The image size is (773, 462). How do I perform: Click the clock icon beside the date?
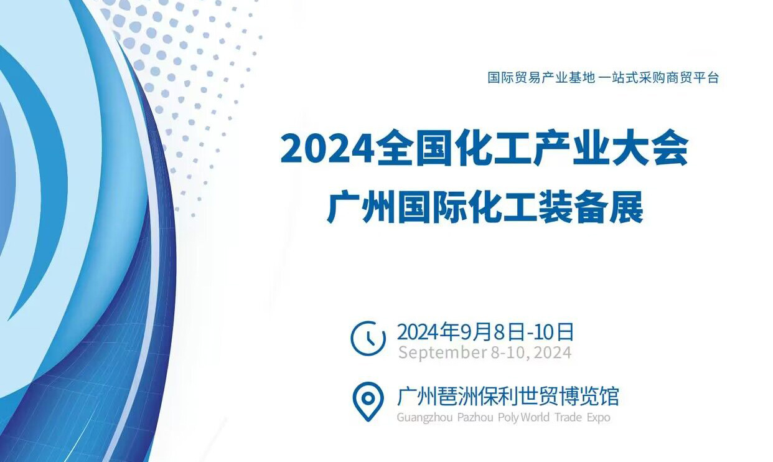368,338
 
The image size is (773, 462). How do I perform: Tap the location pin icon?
368,402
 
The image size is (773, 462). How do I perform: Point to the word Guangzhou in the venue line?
424,417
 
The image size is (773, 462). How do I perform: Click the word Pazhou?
475,417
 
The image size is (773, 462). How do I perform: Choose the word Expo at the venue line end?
598,417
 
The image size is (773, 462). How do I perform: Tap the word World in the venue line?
535,417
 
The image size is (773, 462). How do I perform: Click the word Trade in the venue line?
568,417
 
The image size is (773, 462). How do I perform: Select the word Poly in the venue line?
508,417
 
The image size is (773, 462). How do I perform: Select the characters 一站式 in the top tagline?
617,77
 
